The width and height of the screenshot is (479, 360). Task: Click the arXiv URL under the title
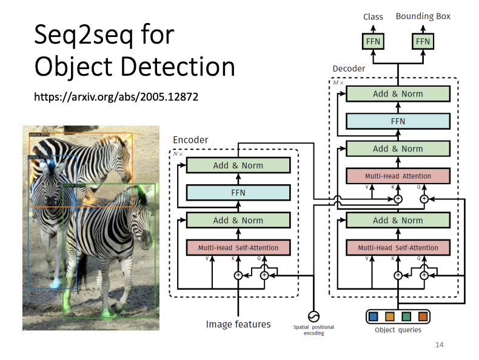(116, 96)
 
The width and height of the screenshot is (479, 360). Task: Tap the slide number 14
(440, 345)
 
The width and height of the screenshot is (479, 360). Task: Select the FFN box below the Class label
(373, 41)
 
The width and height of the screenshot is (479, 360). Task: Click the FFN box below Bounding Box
(423, 41)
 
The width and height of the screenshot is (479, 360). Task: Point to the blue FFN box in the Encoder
(238, 193)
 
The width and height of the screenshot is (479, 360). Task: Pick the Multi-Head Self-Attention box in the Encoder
(238, 247)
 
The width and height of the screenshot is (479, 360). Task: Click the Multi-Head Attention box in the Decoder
(398, 176)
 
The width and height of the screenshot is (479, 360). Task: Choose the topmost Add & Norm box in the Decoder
(398, 94)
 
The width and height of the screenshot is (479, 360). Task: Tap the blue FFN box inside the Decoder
(398, 121)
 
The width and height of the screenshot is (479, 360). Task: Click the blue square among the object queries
(373, 316)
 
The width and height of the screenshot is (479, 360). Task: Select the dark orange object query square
(422, 316)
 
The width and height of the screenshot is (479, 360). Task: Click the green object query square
(406, 316)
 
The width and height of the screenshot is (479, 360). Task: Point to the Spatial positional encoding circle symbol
(313, 316)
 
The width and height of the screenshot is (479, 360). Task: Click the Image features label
(238, 324)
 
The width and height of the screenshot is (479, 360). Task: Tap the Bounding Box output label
(423, 16)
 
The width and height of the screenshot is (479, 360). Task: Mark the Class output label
(373, 16)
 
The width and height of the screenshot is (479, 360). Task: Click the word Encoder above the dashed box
(190, 140)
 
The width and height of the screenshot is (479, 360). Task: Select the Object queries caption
(398, 330)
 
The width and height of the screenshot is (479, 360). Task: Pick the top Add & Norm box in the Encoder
(238, 165)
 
